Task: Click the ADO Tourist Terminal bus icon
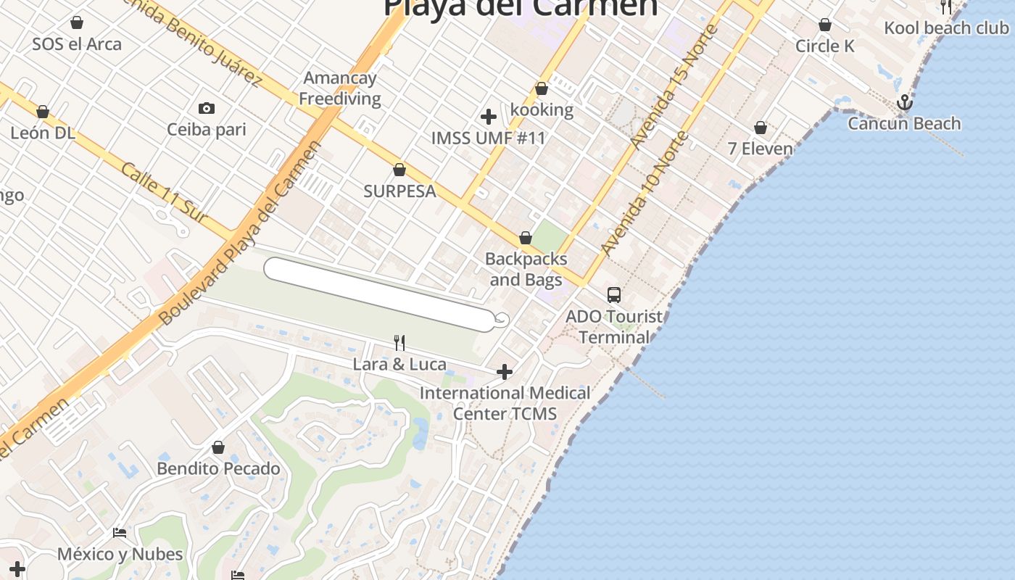614,294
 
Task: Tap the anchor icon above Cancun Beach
904,102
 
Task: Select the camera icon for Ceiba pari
207,109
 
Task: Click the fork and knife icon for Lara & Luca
399,342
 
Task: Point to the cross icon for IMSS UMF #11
489,116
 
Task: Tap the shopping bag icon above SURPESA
399,170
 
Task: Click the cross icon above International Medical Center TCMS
505,372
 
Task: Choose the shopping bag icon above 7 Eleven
761,128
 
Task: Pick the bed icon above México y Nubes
120,533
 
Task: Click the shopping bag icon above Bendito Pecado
218,447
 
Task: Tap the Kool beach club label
946,28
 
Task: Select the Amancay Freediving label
340,88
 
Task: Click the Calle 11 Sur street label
164,193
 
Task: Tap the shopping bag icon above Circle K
825,25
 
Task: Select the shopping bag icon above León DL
43,112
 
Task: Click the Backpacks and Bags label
526,269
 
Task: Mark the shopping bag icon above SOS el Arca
77,23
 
